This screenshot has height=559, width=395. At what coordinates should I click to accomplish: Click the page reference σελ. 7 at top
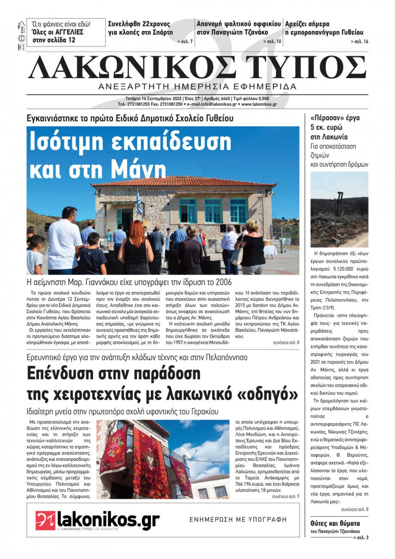(x=186, y=41)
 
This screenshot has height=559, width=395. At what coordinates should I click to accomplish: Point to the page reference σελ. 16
(x=360, y=41)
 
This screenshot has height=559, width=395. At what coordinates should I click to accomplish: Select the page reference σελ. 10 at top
(x=273, y=41)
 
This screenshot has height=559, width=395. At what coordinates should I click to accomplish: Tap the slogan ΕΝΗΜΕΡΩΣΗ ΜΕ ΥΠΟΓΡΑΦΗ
(x=238, y=519)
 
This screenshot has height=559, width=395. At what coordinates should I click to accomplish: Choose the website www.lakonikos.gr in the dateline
(x=259, y=104)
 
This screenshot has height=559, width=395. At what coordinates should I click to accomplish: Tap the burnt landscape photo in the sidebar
(x=339, y=209)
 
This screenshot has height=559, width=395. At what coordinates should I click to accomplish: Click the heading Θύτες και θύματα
(x=335, y=523)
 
